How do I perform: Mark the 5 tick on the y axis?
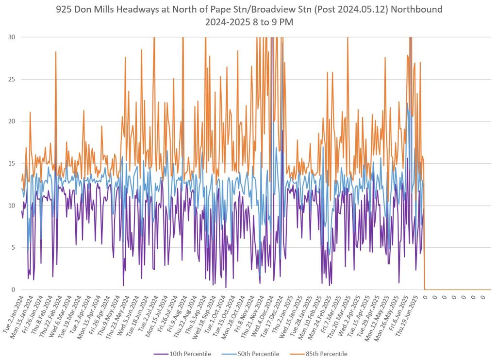coord(12,248)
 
